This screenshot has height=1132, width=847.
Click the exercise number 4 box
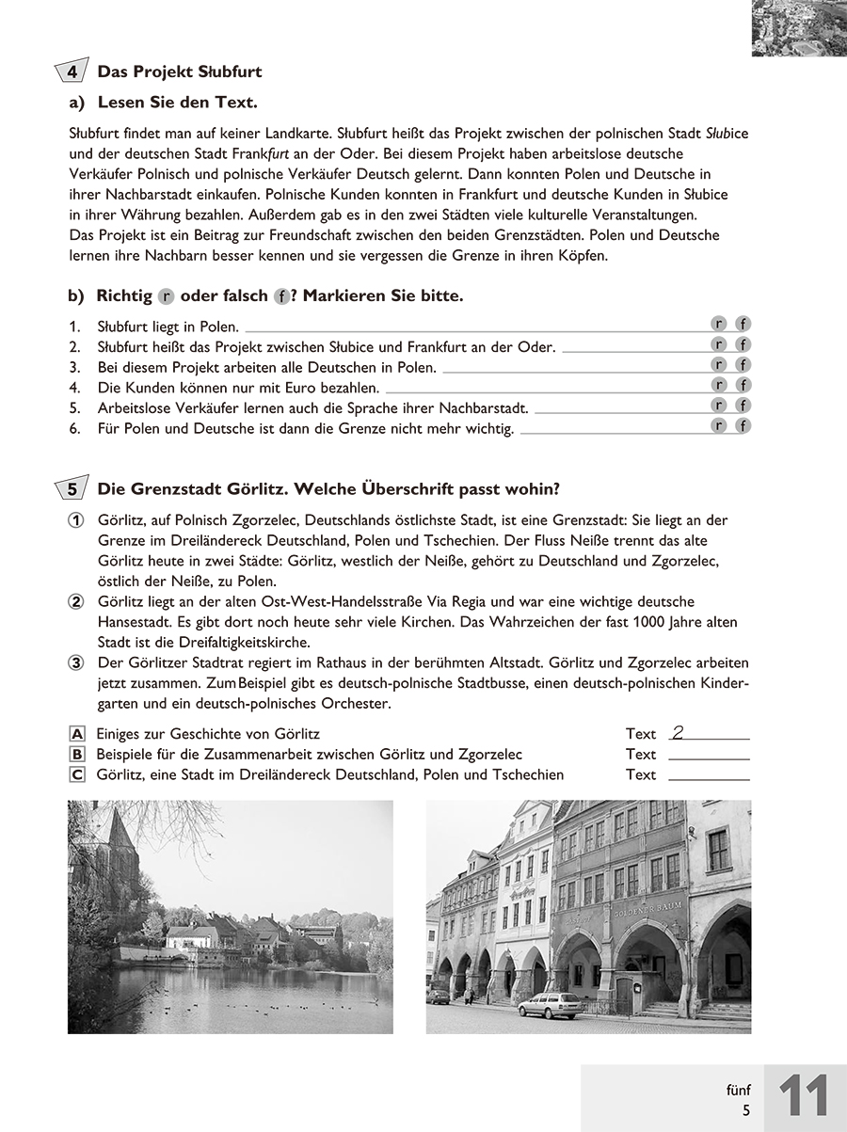[72, 72]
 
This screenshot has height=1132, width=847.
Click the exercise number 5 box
[72, 488]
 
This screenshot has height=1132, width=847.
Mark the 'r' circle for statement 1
[720, 325]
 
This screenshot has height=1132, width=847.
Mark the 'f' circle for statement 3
[743, 365]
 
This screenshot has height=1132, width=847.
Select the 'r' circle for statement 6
[720, 426]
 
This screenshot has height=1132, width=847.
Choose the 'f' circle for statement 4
[743, 385]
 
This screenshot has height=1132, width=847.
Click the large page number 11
[804, 1097]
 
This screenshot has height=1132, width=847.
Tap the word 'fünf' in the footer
[739, 1090]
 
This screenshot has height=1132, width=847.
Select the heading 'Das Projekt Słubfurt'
[180, 72]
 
